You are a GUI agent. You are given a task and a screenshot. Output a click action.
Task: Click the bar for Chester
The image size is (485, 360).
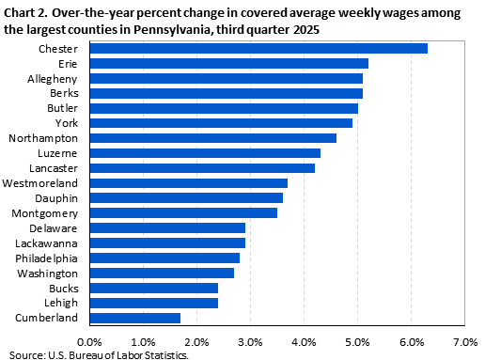coord(258,48)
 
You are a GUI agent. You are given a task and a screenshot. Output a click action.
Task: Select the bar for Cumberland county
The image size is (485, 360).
coord(134,318)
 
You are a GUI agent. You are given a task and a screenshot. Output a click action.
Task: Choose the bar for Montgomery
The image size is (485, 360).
coord(183,212)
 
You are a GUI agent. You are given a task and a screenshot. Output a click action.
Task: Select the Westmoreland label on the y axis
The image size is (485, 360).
coord(42,183)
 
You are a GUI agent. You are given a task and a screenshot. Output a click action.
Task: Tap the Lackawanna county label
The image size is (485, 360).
coord(47,243)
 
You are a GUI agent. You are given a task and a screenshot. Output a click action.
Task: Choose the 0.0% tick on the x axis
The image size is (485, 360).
coord(89,341)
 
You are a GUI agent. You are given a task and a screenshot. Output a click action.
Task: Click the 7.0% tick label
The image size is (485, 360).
coord(465,341)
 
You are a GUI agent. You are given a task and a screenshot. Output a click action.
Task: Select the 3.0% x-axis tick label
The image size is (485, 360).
coord(250,341)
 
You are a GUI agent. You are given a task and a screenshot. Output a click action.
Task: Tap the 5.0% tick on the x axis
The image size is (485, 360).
coord(358,341)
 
